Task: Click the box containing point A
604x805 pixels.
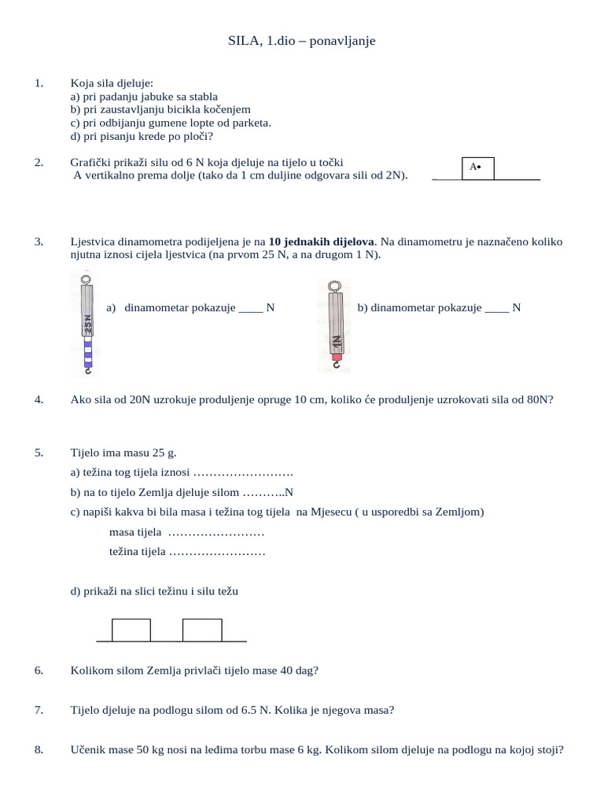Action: click(x=477, y=167)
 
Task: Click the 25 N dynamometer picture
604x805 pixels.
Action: click(x=88, y=324)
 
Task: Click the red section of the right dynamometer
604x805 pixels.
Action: click(x=336, y=358)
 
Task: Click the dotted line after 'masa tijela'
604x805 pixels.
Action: click(x=216, y=533)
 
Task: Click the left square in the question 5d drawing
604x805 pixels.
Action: click(x=131, y=630)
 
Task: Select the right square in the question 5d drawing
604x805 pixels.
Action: click(x=202, y=630)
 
